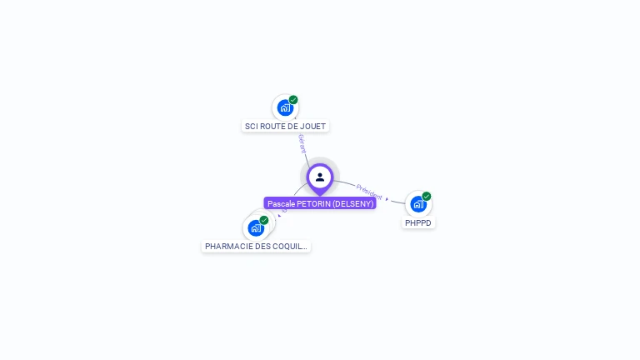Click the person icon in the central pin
tap(320, 177)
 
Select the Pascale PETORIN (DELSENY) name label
tap(320, 203)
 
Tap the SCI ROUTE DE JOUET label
tap(285, 127)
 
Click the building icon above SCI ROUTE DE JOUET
tap(285, 107)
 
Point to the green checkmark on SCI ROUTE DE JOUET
tap(293, 100)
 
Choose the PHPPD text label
tap(418, 223)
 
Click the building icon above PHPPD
tap(417, 204)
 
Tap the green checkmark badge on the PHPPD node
tap(427, 197)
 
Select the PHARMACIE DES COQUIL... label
tap(257, 247)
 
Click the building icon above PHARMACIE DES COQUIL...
tap(256, 227)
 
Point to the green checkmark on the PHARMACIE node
tap(264, 220)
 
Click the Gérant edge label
tap(302, 143)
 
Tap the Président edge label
tap(369, 192)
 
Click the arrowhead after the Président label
tap(387, 199)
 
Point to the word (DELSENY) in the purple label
tap(352, 203)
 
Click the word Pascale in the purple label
tap(282, 203)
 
